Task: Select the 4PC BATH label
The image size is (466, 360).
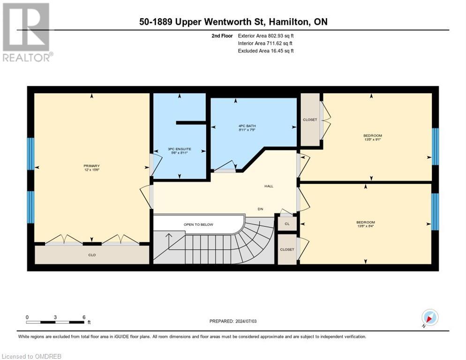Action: coord(248,126)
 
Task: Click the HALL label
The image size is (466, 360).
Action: coord(269,186)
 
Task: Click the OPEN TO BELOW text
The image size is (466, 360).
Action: coord(198,225)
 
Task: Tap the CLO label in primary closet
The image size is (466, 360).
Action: coord(92,255)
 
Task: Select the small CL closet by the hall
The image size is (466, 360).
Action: coord(287,224)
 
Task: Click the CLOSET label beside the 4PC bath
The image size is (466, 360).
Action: coord(310,120)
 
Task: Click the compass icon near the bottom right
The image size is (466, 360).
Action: coord(429,317)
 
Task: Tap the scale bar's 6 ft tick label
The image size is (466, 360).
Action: coord(83,317)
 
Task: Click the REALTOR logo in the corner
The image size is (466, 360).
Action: coord(27,32)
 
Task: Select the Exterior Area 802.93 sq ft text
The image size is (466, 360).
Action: coord(266,36)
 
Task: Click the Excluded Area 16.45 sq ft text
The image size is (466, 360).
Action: coord(266,51)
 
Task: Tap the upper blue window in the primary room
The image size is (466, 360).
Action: coord(31,154)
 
